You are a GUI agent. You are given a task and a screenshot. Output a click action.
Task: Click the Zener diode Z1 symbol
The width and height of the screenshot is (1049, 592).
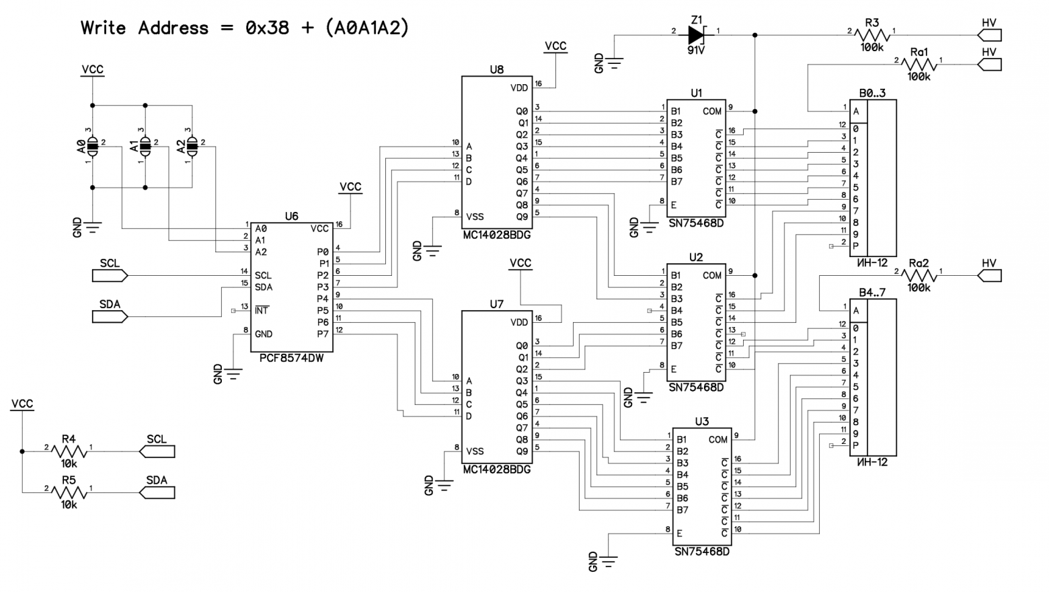click(x=696, y=34)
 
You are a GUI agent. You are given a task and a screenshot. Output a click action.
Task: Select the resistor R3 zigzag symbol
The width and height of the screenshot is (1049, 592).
click(x=872, y=35)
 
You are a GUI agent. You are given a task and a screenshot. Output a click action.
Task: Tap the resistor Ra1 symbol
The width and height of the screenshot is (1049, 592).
click(x=919, y=65)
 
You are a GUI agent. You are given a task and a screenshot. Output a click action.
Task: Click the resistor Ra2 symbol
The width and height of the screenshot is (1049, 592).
click(x=919, y=276)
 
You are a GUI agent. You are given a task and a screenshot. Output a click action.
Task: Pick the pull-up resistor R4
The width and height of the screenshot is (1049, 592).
click(x=69, y=452)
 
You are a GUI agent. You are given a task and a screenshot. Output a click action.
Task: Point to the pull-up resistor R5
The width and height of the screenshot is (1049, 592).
click(x=69, y=493)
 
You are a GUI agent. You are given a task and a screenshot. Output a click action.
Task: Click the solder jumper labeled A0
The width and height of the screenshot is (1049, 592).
click(x=92, y=145)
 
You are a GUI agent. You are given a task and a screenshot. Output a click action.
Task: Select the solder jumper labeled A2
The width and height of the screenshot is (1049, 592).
click(x=192, y=145)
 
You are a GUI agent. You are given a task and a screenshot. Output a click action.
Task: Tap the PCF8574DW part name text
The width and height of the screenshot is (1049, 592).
click(x=291, y=359)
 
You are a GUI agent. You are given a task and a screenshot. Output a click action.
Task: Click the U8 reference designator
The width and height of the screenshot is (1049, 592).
click(x=496, y=69)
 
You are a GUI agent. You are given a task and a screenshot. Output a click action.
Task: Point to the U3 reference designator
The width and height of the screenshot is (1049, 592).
click(x=701, y=422)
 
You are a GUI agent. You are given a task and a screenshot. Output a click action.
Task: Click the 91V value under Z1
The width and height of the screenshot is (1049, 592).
click(x=696, y=50)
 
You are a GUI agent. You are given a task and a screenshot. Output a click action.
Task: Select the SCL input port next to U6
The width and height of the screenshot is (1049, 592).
click(x=110, y=275)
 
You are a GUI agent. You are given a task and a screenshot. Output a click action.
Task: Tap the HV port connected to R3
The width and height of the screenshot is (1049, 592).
click(x=989, y=35)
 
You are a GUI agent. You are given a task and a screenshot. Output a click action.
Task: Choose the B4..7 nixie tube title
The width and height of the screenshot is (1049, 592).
click(x=872, y=293)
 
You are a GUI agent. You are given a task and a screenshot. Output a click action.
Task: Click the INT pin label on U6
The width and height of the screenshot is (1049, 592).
click(x=261, y=311)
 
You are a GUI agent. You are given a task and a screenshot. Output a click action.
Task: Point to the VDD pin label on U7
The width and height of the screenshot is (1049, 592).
click(x=519, y=322)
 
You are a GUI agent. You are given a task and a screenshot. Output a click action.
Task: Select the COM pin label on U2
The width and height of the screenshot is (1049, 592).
click(x=712, y=275)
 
